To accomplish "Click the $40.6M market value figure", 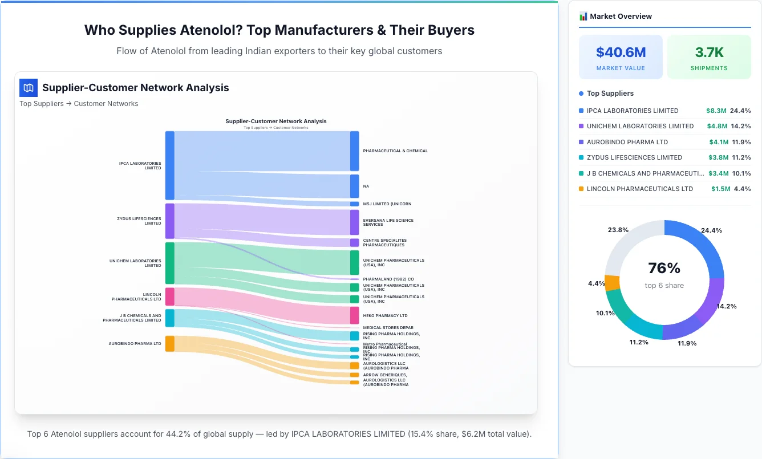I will pyautogui.click(x=621, y=52).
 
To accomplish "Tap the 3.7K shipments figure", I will pyautogui.click(x=709, y=52).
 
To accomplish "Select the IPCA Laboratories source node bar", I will pyautogui.click(x=169, y=165).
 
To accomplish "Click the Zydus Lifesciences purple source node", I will pyautogui.click(x=169, y=221).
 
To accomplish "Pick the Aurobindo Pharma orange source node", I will pyautogui.click(x=169, y=344).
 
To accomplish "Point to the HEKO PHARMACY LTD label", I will pyautogui.click(x=385, y=315).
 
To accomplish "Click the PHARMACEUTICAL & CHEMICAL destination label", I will pyautogui.click(x=395, y=151).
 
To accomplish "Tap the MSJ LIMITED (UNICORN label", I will pyautogui.click(x=387, y=204).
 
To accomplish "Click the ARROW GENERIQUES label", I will pyautogui.click(x=384, y=375).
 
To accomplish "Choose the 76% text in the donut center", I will pyautogui.click(x=664, y=268).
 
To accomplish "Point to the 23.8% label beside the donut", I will pyautogui.click(x=618, y=230).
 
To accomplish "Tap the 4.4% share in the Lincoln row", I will pyautogui.click(x=742, y=189).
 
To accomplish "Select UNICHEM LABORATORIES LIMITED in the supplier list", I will pyautogui.click(x=640, y=126).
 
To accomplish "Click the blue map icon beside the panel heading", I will pyautogui.click(x=29, y=88).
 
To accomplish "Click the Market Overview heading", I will pyautogui.click(x=621, y=17).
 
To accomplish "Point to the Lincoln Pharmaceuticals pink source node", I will pyautogui.click(x=169, y=296).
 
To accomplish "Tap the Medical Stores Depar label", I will pyautogui.click(x=388, y=328).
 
